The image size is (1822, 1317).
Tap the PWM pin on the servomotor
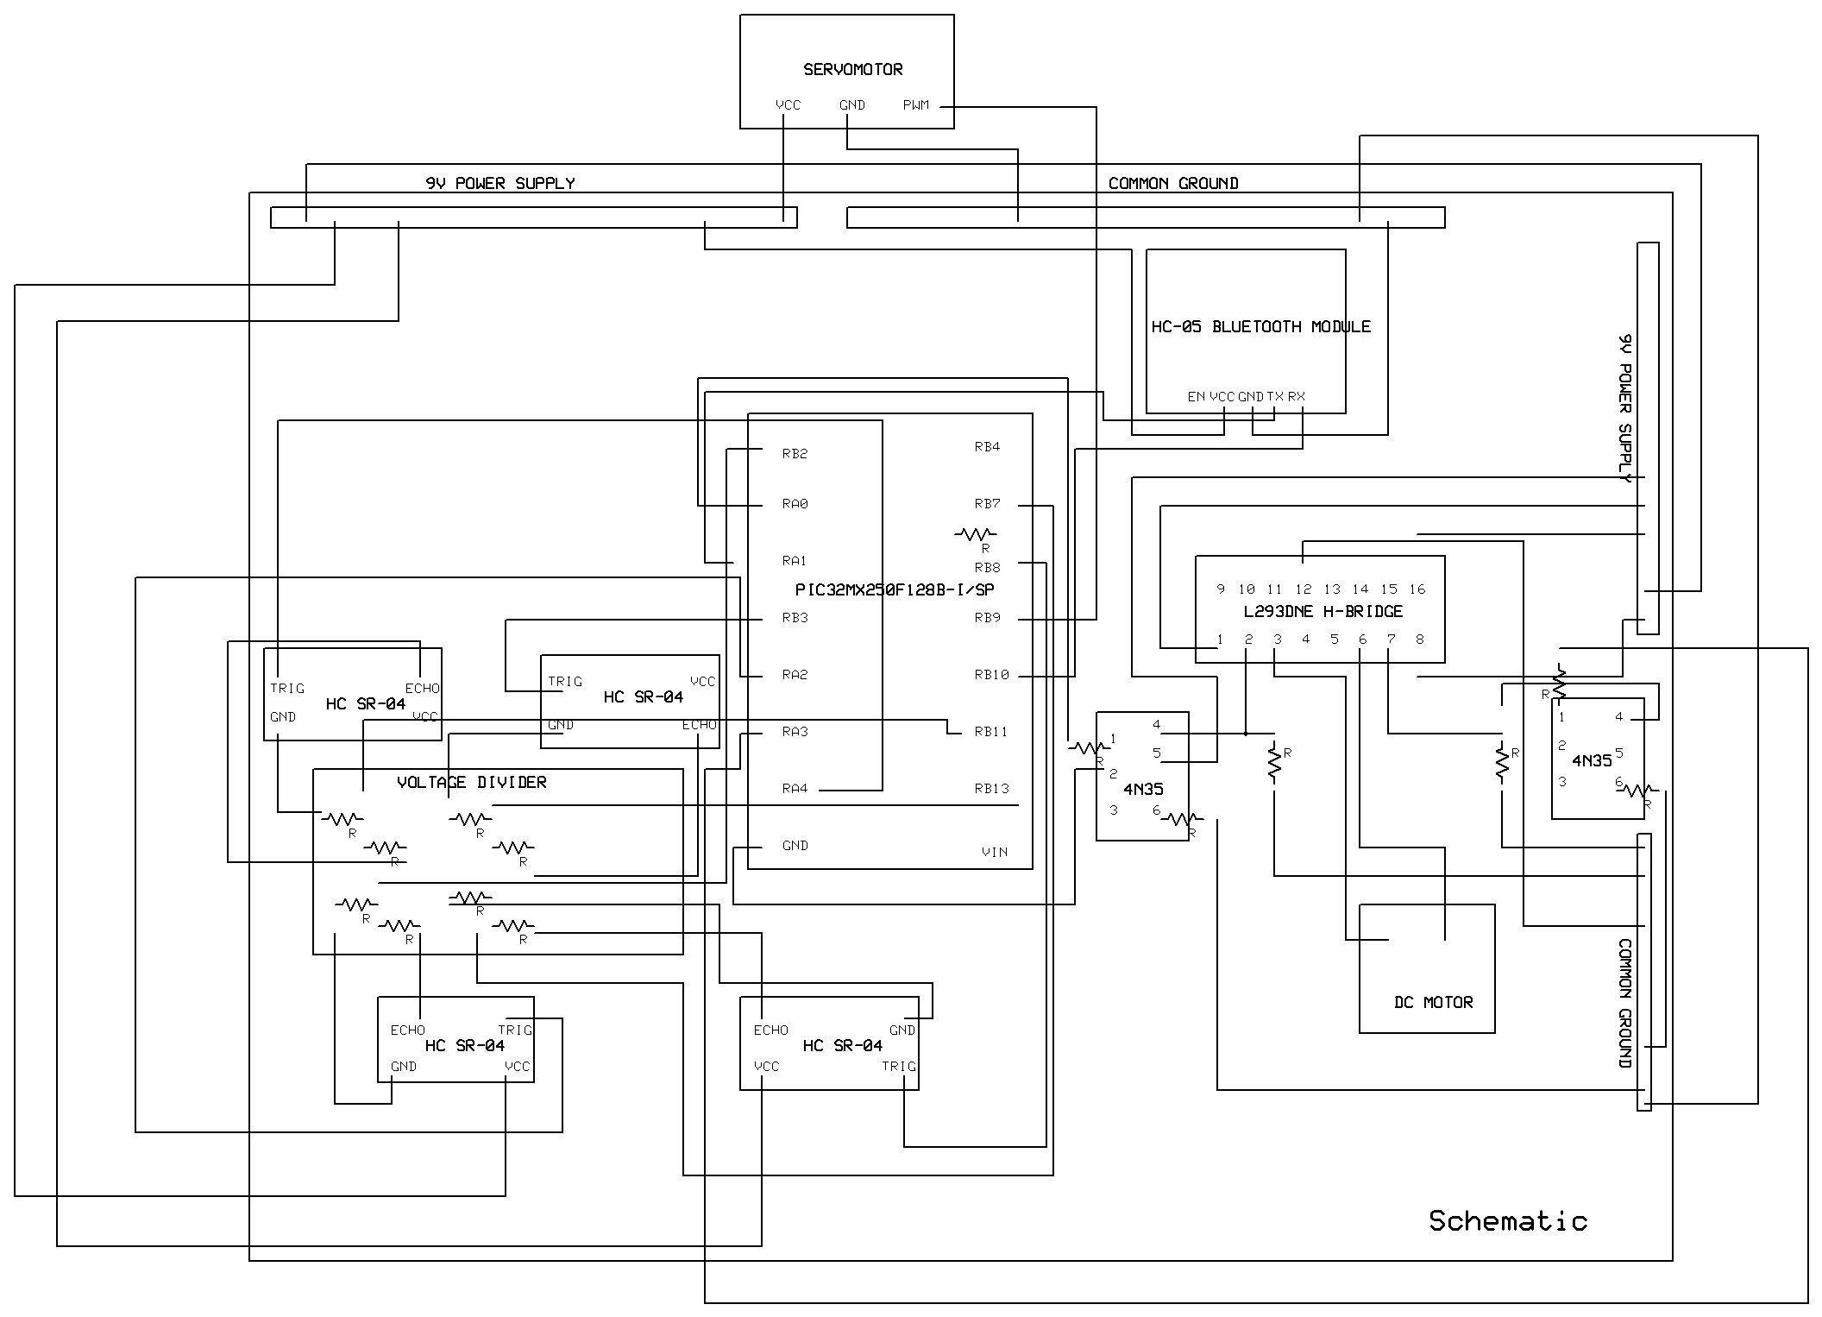coord(915,105)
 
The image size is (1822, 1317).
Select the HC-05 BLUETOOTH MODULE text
coord(1260,326)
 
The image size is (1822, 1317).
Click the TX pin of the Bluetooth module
coord(1275,396)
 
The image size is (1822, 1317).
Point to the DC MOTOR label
coord(1433,1002)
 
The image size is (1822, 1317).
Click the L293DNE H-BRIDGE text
coord(1323,611)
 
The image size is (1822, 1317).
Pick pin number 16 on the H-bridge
coord(1417,589)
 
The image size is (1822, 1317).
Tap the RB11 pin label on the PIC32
coord(990,732)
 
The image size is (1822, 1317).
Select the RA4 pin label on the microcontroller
coord(795,788)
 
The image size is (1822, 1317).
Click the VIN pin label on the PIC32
coord(994,852)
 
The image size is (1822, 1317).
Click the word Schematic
coord(1507,1220)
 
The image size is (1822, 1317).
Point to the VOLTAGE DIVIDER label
coord(471,782)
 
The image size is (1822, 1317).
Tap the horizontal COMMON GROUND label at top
coord(1172,183)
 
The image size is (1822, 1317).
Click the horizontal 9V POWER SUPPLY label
coord(499,183)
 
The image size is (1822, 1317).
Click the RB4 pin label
coord(986,447)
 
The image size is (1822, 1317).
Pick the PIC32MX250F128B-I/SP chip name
coord(894,589)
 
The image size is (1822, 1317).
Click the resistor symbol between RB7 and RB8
coord(976,534)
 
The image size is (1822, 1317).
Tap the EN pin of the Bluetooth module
coord(1196,396)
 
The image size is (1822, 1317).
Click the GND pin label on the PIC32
coord(795,846)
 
